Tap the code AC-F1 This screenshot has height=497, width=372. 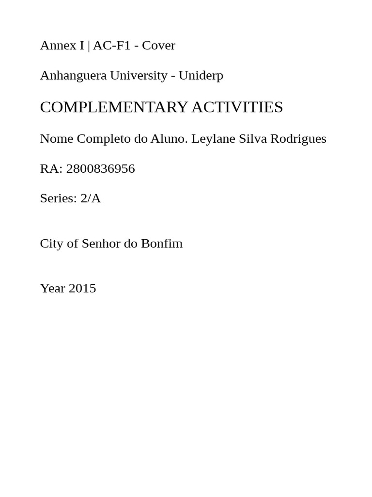(x=111, y=46)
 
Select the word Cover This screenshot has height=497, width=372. (x=158, y=46)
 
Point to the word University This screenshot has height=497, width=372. (x=138, y=76)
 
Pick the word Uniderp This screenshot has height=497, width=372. (x=201, y=76)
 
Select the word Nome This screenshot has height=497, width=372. (x=56, y=139)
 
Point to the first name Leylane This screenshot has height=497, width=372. (x=213, y=139)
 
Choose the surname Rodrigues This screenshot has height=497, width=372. (x=298, y=139)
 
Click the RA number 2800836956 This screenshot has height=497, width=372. (x=100, y=169)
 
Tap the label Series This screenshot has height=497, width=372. (x=58, y=199)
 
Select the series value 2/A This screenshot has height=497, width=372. (x=91, y=199)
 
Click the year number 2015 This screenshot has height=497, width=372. (x=82, y=288)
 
